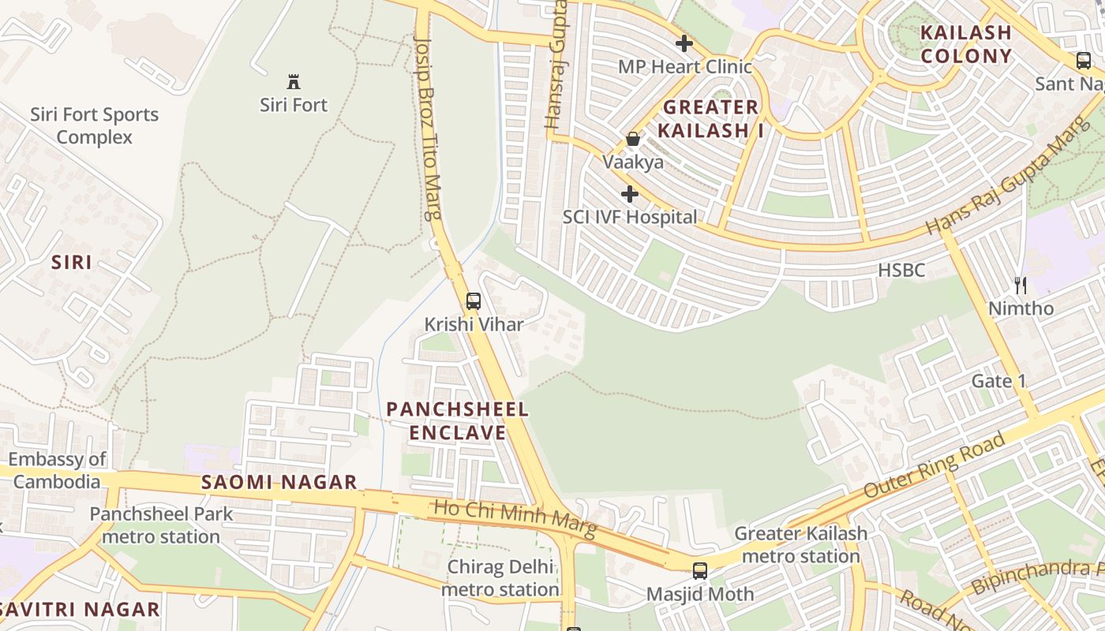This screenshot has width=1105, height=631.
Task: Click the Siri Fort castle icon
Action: (294, 81)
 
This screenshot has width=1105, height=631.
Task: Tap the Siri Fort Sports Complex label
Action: (95, 125)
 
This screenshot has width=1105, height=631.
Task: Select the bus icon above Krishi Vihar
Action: (474, 301)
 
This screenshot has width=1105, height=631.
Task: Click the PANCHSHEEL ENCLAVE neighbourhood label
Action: (458, 421)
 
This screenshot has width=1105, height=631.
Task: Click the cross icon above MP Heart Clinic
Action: (684, 43)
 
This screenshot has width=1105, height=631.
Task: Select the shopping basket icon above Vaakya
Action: (633, 140)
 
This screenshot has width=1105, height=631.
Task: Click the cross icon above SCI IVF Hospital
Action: (629, 193)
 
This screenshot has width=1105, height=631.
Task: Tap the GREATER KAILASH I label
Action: (713, 118)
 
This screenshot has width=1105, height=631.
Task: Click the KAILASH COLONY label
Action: (965, 44)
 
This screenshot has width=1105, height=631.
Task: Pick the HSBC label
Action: (901, 271)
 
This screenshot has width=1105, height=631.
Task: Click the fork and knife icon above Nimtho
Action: (1021, 285)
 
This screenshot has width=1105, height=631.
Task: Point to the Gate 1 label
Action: (998, 382)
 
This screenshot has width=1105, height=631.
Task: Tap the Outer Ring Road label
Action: (935, 465)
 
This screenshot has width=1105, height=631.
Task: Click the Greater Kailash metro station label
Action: (801, 545)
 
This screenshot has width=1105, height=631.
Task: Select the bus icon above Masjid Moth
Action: (700, 571)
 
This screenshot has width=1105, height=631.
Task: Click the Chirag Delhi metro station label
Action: (500, 578)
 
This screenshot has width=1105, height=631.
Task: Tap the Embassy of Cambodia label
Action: (57, 470)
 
